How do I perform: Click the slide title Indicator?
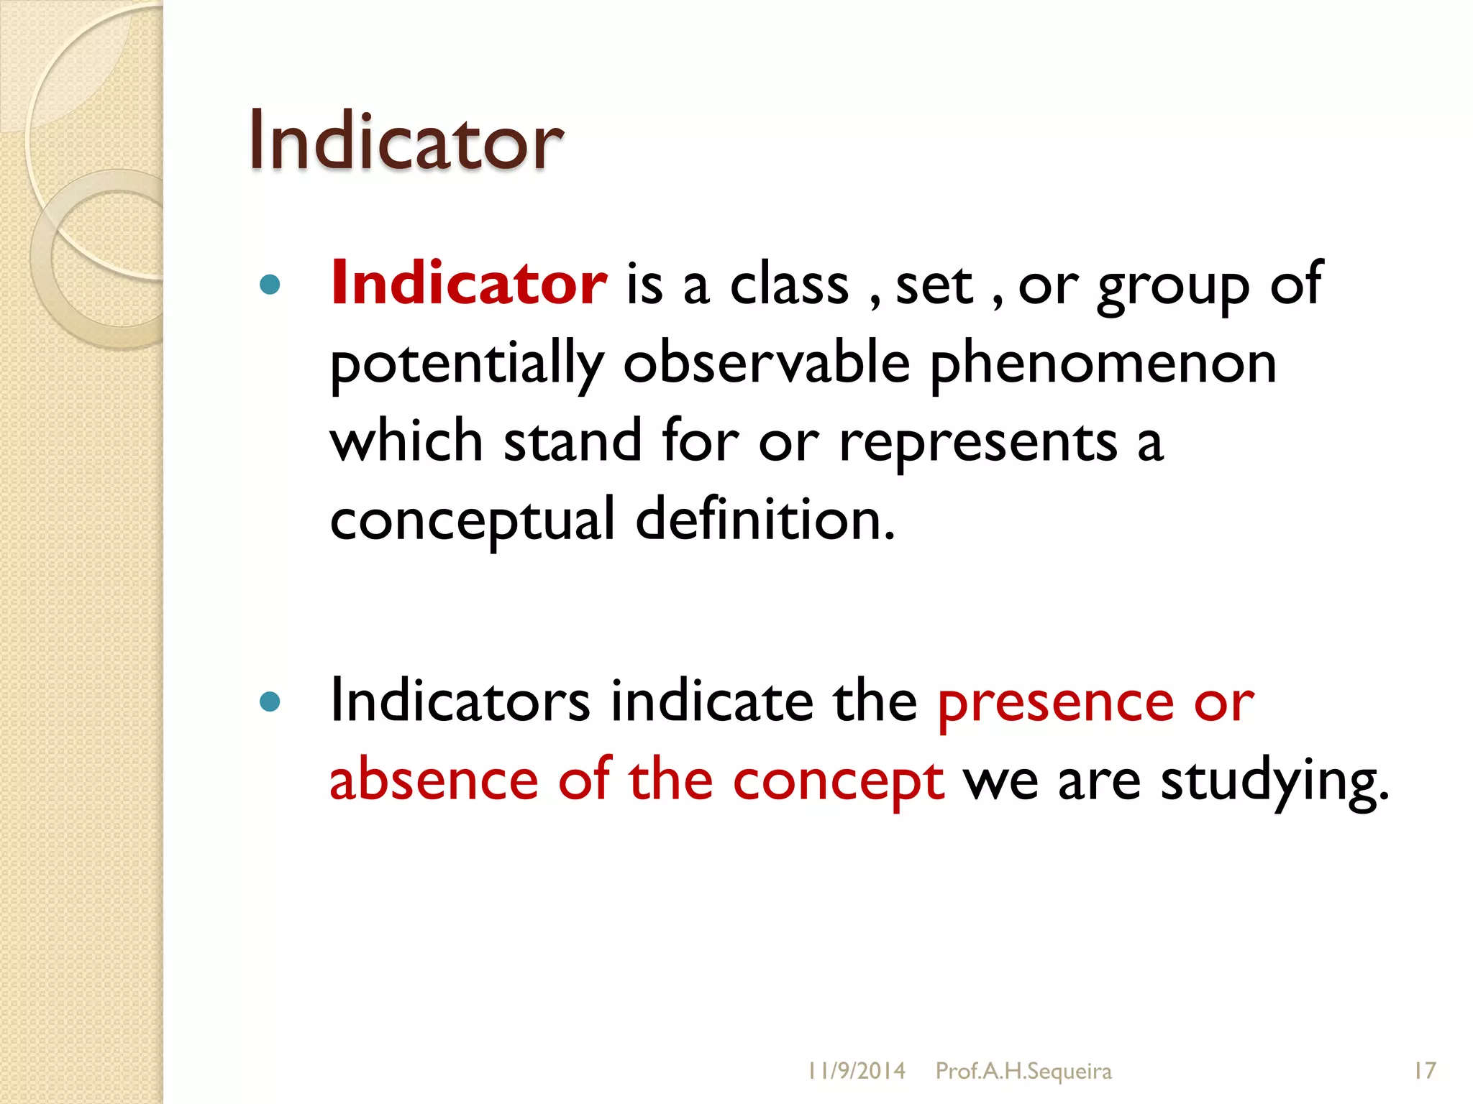[x=406, y=141]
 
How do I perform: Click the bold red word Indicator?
[x=468, y=284]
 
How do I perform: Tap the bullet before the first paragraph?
[x=270, y=285]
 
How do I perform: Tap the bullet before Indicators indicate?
[x=270, y=701]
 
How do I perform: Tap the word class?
[x=789, y=285]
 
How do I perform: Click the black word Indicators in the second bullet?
[x=460, y=701]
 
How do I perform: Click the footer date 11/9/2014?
[x=856, y=1071]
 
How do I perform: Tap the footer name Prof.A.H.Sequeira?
[x=1023, y=1071]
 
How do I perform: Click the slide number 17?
[x=1424, y=1071]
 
